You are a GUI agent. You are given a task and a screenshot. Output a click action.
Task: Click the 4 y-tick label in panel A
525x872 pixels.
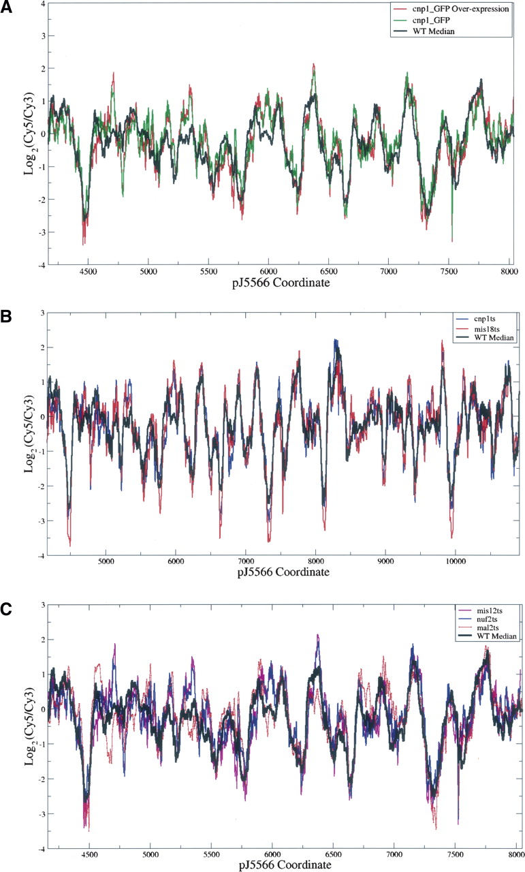tap(42, 5)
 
